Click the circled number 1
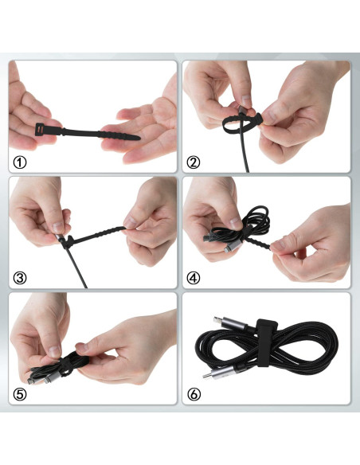[21, 162]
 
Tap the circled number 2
[194, 162]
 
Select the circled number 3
[21, 278]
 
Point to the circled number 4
[194, 278]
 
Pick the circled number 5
[21, 393]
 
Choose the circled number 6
[194, 393]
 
